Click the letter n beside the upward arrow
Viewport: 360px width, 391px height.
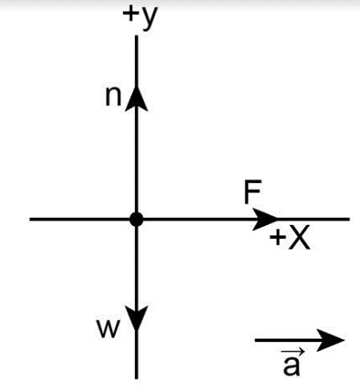point(113,97)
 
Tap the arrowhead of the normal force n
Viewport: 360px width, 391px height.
point(137,98)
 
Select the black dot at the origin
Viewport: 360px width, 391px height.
point(137,219)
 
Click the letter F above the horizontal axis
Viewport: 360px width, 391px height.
point(252,191)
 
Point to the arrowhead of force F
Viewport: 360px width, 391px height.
point(265,219)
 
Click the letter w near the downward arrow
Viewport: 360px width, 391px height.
point(107,329)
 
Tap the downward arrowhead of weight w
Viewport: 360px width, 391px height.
point(137,318)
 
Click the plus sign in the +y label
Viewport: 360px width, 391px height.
point(131,14)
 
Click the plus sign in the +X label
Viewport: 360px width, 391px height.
point(277,238)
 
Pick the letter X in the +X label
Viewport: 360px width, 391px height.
point(299,238)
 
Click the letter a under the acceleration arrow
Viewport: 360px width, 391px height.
point(291,365)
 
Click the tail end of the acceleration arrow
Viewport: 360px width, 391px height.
point(255,340)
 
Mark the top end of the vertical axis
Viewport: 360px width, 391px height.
point(137,36)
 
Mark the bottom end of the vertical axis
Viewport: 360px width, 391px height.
point(137,378)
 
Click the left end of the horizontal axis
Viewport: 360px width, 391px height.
point(30,219)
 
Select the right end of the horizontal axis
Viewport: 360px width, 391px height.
point(349,219)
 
